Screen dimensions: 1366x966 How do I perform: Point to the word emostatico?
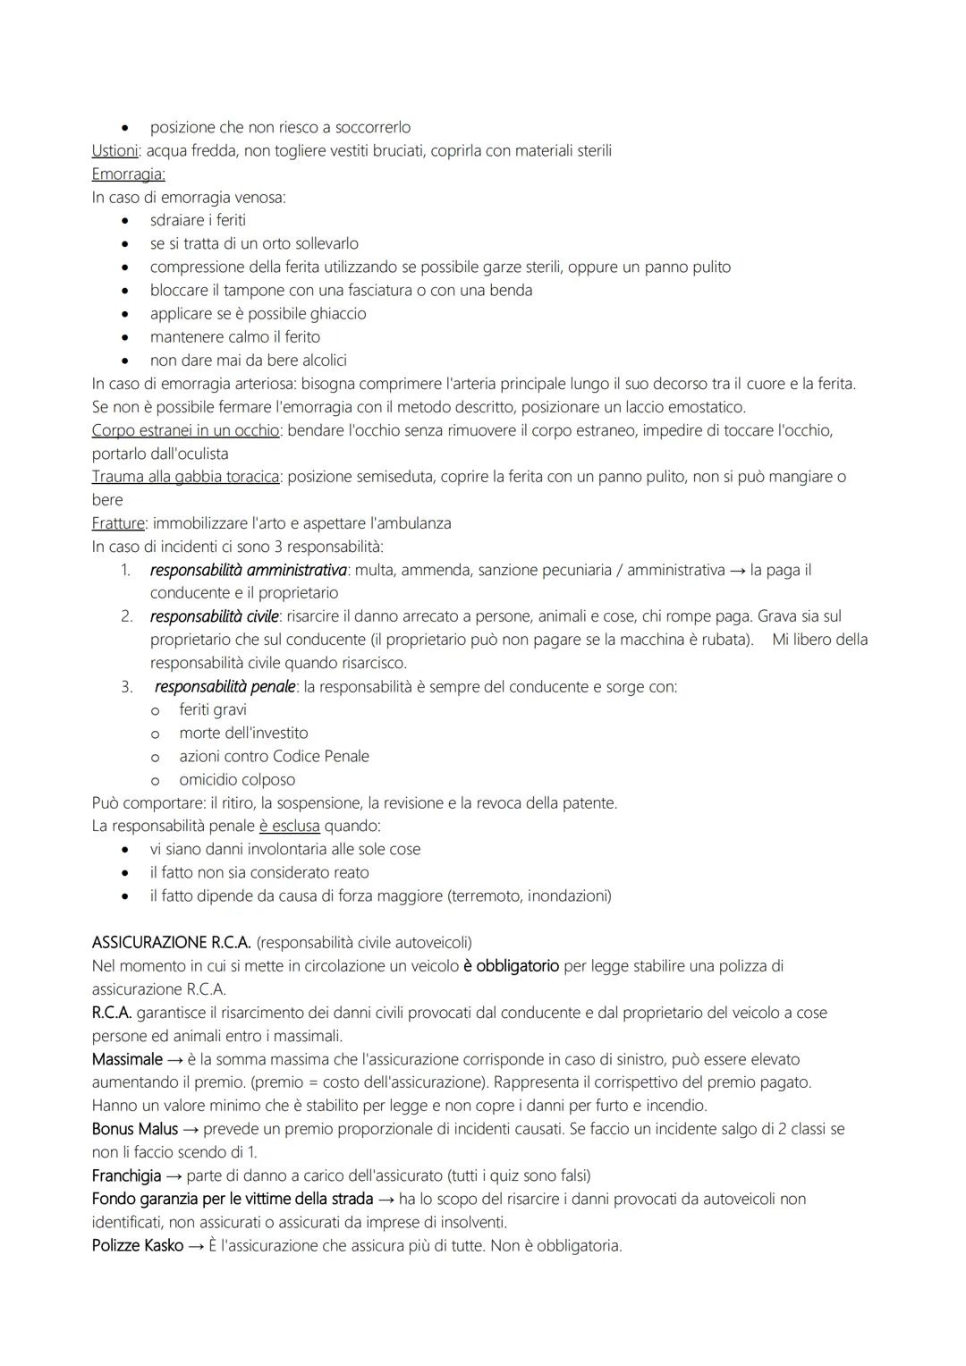[704, 407]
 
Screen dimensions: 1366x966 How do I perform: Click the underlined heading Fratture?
[118, 523]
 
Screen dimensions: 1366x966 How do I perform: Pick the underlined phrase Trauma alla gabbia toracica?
[185, 477]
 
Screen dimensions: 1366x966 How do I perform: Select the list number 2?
[127, 616]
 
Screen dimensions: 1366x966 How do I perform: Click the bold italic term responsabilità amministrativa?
[249, 570]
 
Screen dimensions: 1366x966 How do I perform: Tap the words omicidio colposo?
[237, 780]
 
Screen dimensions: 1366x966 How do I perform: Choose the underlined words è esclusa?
[289, 826]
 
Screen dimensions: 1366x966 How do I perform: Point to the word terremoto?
[487, 895]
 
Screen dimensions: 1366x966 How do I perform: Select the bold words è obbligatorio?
[511, 966]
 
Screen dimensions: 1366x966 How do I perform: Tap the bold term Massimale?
[127, 1059]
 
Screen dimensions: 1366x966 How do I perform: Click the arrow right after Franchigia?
[174, 1175]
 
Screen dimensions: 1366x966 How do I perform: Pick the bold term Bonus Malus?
[135, 1129]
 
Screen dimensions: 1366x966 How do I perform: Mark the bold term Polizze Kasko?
[138, 1245]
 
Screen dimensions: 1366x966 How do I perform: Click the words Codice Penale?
[320, 757]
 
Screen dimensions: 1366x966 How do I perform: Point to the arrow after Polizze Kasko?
[196, 1245]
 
